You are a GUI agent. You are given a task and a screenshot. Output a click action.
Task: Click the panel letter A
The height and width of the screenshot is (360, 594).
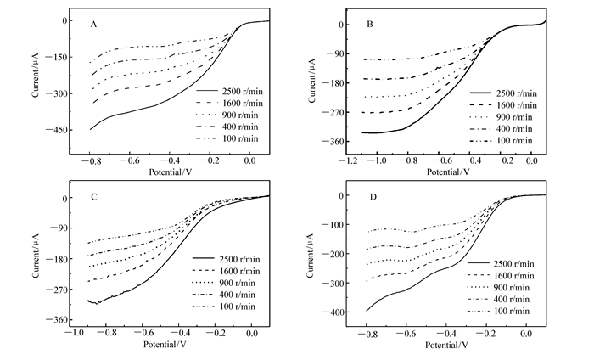[93, 25]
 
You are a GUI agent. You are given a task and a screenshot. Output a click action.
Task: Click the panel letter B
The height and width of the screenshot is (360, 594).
[370, 25]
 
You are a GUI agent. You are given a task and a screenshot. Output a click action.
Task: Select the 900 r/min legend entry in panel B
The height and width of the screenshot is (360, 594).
[514, 115]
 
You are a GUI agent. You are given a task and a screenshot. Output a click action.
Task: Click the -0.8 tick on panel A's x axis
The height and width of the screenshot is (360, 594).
[90, 161]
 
